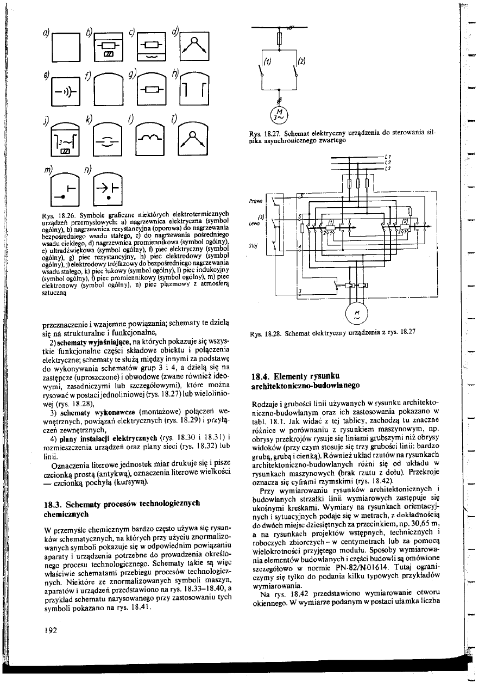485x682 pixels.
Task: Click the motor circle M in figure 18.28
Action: (x=355, y=313)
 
